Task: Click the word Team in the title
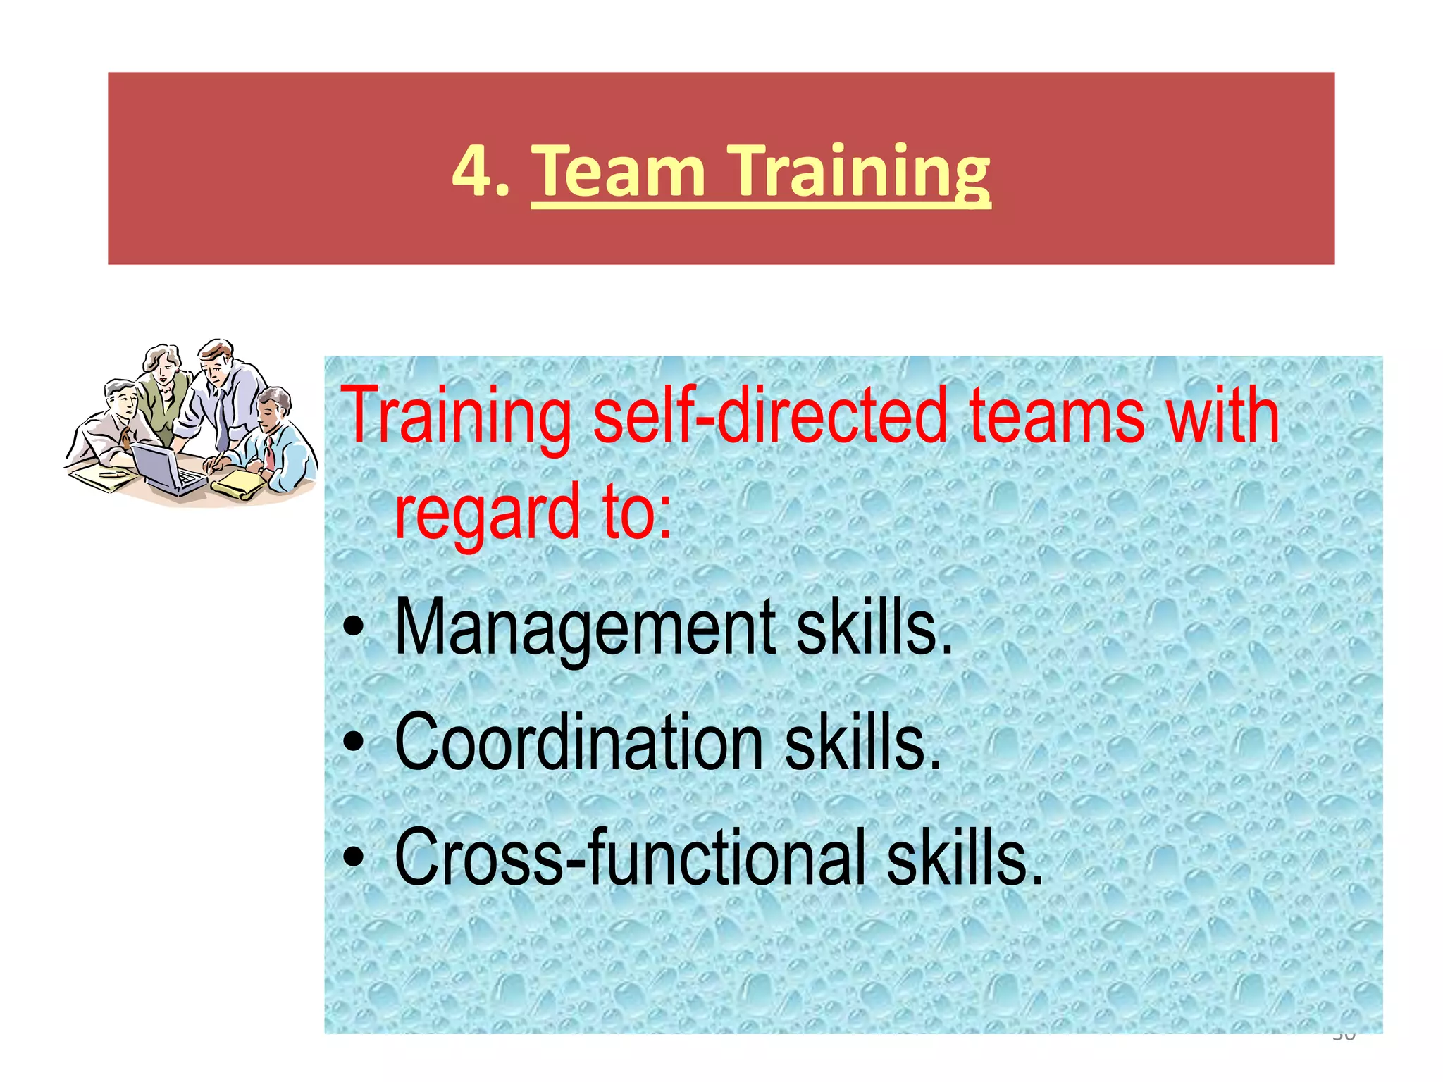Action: coord(618,171)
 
